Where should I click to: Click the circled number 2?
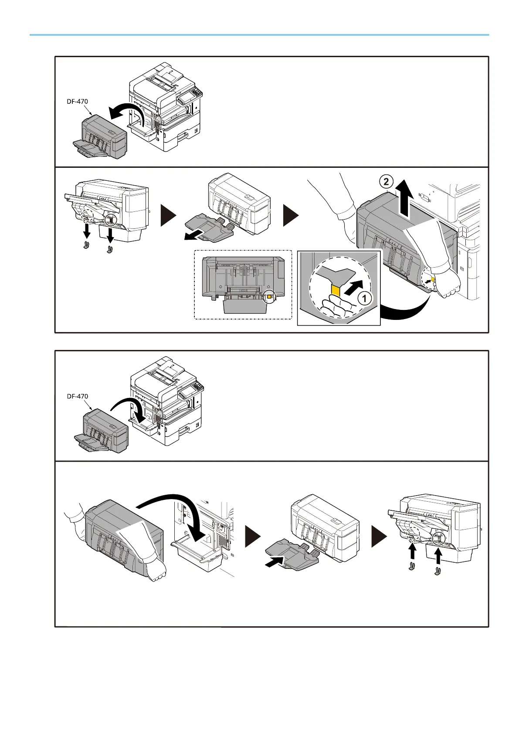coord(386,182)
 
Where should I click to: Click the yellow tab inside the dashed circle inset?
coord(336,290)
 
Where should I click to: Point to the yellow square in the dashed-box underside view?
coord(269,296)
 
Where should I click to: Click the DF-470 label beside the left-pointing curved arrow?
coord(77,102)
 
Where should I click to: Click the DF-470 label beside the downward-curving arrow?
coord(77,397)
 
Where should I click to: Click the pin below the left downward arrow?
coord(86,245)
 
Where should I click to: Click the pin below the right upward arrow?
coord(438,571)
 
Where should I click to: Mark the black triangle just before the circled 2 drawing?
coord(291,215)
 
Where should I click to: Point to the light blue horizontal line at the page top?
coord(259,35)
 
